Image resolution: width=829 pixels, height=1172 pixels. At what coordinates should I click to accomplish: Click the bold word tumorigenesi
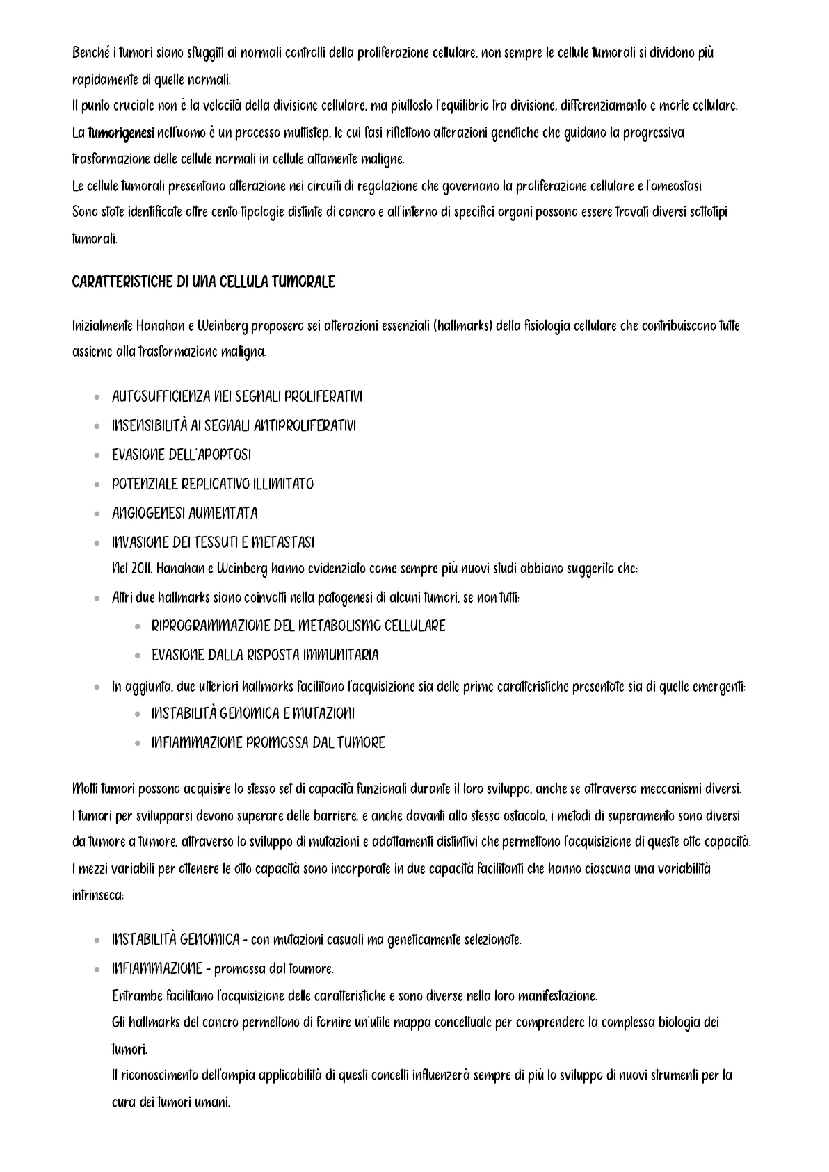pos(121,133)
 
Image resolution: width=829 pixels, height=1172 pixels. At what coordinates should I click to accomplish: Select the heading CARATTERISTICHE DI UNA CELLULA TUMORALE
pos(203,282)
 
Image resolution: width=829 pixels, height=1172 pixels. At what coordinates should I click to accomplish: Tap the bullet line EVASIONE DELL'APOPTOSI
pos(182,455)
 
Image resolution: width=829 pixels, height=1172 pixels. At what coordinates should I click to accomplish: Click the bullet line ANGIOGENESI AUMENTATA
pos(184,514)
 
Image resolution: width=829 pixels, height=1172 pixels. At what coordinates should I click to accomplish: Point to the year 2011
pos(141,569)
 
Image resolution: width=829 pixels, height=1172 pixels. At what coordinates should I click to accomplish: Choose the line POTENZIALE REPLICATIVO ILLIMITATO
pos(212,485)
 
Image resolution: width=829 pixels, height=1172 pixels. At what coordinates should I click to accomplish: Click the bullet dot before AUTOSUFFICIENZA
pos(96,398)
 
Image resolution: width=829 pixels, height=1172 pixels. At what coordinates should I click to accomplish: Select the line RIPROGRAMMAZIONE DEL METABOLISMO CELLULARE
pos(298,626)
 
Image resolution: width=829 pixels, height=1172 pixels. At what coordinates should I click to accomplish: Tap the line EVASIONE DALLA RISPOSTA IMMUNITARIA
pos(265,656)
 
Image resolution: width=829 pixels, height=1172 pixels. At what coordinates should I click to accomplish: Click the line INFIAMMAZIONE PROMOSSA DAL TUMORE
pos(268,743)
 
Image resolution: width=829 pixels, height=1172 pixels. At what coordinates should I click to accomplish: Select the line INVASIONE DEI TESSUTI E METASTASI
pos(213,542)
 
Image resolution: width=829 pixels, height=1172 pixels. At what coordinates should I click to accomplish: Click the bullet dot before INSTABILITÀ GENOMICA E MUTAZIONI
pos(136,715)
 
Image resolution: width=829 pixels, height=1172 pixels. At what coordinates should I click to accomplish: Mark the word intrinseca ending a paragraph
pos(97,895)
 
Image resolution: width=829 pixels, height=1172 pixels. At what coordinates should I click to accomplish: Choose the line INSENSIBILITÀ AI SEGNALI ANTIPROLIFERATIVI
pos(234,426)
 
